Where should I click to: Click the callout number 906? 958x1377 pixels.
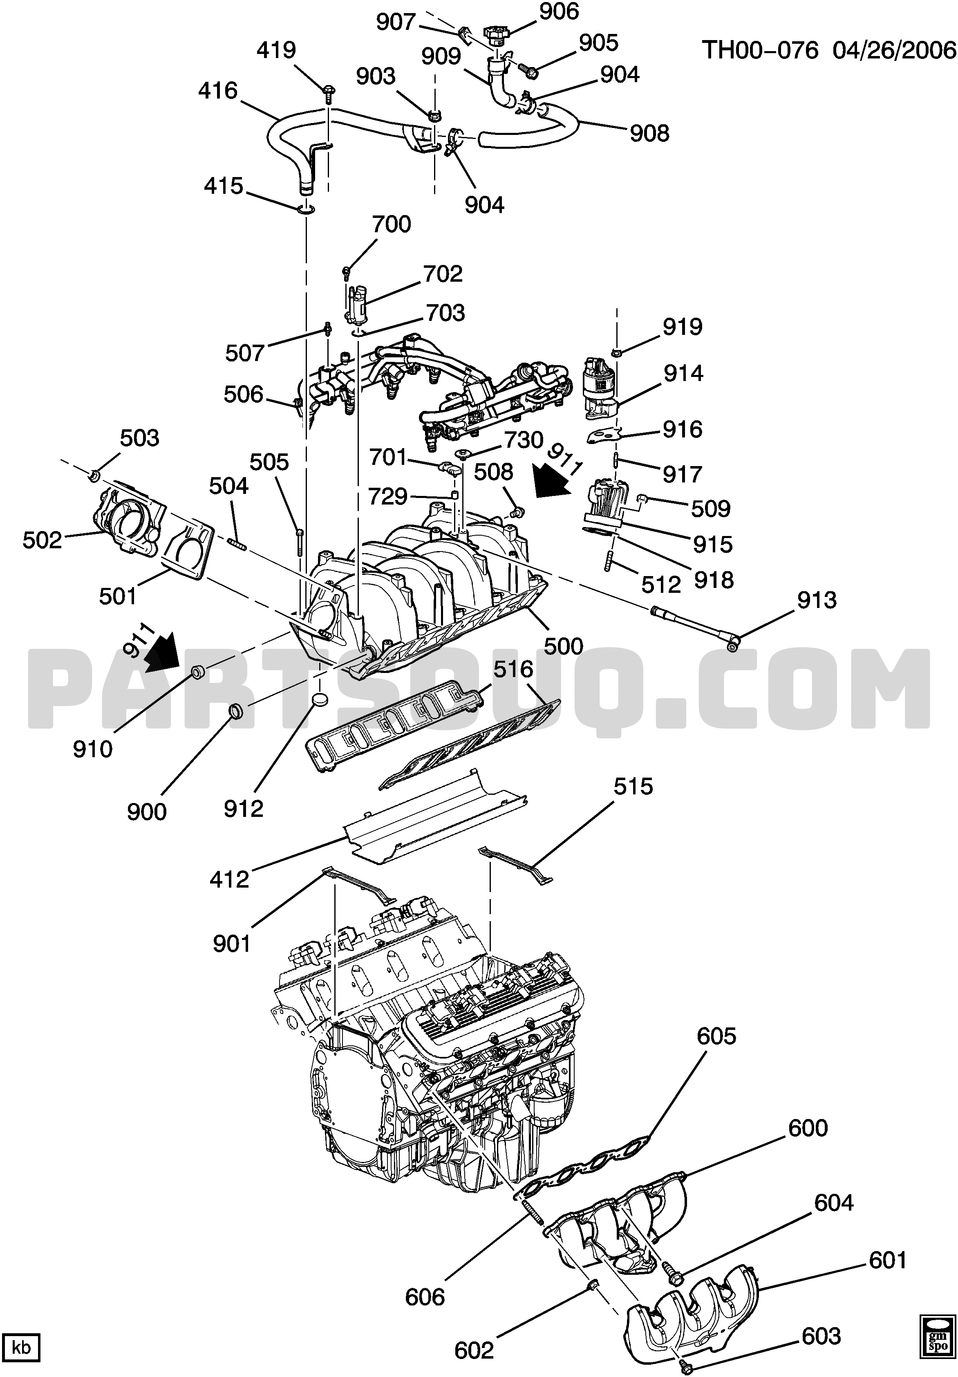(x=559, y=12)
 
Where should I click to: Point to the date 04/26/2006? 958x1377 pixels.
(x=895, y=50)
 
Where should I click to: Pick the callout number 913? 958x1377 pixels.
(x=817, y=600)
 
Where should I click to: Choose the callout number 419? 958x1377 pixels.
(x=276, y=50)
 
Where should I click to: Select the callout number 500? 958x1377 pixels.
(x=564, y=646)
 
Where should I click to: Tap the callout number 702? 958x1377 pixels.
(x=443, y=274)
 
